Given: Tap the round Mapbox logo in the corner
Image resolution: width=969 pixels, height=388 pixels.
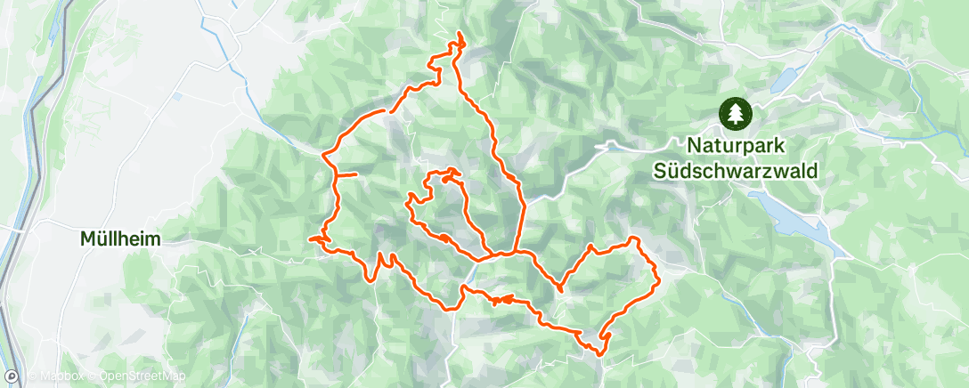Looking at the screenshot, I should point(12,376).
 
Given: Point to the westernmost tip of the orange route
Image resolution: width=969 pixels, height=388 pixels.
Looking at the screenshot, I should point(310,238).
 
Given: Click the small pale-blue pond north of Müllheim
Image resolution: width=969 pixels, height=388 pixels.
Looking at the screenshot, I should point(177,95).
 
